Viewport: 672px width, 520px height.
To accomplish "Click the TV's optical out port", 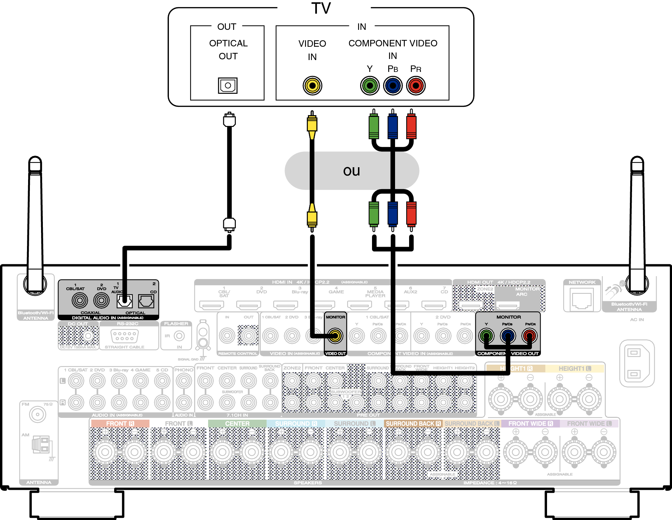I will [228, 86].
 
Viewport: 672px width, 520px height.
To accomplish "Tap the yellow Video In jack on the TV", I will [312, 86].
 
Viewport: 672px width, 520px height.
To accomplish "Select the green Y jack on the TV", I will [370, 86].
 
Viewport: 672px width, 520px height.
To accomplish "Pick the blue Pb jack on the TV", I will [393, 86].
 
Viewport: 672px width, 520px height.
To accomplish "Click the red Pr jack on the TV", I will [416, 86].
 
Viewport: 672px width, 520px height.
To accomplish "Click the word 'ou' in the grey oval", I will [351, 171].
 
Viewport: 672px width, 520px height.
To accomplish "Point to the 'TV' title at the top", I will [321, 8].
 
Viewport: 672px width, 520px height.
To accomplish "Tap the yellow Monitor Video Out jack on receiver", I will [335, 336].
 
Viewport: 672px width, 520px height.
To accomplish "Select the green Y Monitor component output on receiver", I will [487, 336].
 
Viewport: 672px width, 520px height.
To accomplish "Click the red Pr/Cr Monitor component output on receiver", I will [530, 336].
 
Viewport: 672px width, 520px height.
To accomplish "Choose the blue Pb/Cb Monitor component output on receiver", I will [508, 336].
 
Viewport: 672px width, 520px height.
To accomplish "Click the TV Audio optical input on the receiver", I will [125, 301].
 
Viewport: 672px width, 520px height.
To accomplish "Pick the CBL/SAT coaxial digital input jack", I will [80, 300].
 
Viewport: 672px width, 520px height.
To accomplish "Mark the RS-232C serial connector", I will [125, 336].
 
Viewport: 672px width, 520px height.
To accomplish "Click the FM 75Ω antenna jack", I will [37, 415].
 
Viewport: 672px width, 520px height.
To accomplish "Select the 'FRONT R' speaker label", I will [120, 424].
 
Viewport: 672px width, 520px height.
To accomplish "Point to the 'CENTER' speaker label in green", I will [237, 424].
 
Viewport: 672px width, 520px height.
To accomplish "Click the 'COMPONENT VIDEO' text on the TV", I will [393, 43].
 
